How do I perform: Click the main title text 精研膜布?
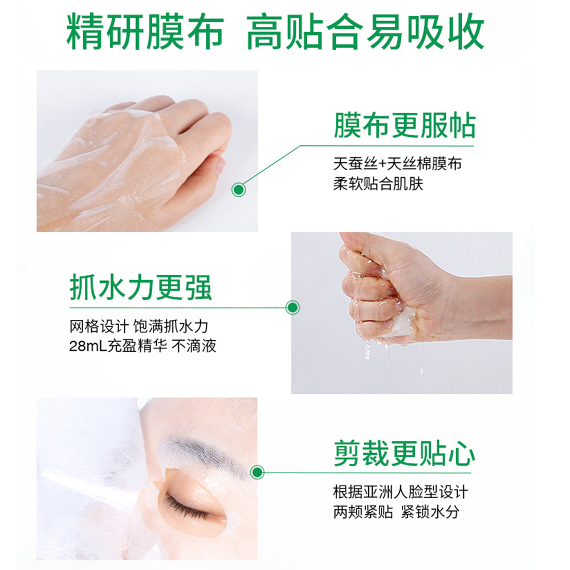[x=144, y=32]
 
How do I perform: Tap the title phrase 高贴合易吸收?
[x=365, y=32]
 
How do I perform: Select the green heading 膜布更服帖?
[x=404, y=124]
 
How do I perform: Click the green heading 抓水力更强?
[x=140, y=287]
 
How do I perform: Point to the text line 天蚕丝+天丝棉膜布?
[x=397, y=164]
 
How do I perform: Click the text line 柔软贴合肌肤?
[x=378, y=184]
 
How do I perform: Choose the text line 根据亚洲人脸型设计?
[x=401, y=491]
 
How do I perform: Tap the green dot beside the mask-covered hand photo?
[x=240, y=189]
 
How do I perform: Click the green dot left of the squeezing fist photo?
[x=292, y=308]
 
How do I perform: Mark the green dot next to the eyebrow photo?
[x=258, y=472]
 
